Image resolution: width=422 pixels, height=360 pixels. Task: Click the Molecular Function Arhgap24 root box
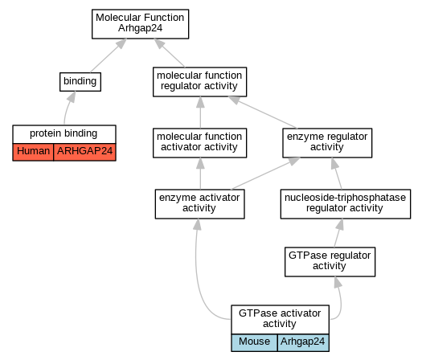click(x=140, y=24)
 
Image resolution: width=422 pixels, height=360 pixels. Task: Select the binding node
click(x=80, y=82)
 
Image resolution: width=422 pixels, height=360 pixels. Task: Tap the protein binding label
click(x=64, y=133)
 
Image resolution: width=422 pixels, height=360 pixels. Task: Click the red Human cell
click(x=33, y=152)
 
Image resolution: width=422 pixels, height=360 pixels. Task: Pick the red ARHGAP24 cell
click(x=84, y=152)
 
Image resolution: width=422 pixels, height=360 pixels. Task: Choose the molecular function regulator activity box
click(x=199, y=82)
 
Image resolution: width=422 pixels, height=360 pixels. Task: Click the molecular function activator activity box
click(x=199, y=143)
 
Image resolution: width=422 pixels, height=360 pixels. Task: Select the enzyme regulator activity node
click(x=327, y=143)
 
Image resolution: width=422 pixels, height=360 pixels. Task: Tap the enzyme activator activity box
click(x=199, y=204)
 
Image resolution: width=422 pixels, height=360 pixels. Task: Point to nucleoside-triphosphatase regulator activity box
click(x=346, y=204)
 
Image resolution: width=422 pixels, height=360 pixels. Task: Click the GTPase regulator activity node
click(x=330, y=262)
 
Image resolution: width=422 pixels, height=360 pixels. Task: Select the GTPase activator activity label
click(x=280, y=318)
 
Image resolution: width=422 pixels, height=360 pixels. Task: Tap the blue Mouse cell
click(x=254, y=342)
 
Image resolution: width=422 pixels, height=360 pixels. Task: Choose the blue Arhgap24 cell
click(x=303, y=342)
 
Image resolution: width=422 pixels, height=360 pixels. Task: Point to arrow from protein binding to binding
click(x=68, y=108)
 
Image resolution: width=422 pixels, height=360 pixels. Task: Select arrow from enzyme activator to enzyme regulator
click(x=265, y=174)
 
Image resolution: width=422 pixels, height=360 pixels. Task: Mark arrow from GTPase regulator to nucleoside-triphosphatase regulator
click(x=338, y=233)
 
